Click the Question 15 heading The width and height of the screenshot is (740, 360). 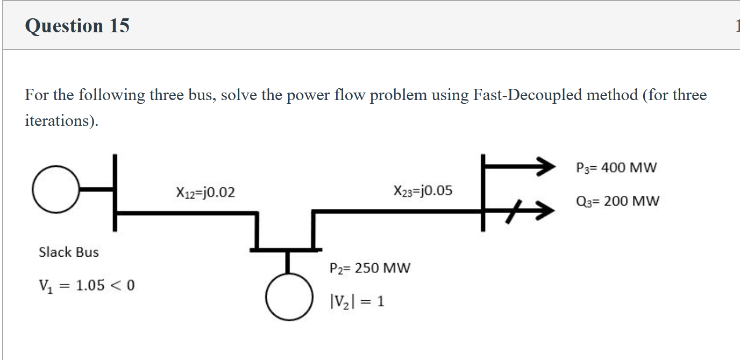click(77, 25)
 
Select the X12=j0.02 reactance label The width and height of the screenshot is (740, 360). click(205, 192)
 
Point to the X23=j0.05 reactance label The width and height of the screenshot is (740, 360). click(423, 190)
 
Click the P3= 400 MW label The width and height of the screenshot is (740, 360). click(616, 167)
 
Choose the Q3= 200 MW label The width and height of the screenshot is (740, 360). click(617, 201)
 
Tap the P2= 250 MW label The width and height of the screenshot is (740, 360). click(369, 267)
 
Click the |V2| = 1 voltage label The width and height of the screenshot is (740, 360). click(356, 301)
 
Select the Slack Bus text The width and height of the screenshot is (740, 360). click(69, 252)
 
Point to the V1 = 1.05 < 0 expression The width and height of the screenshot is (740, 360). click(87, 285)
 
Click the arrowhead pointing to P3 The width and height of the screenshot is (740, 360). click(542, 167)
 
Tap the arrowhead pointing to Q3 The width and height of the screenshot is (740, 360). click(542, 211)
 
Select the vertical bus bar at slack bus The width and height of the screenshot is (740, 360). click(115, 193)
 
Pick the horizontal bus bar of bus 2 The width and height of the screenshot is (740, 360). click(286, 250)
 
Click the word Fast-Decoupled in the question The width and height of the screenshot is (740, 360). click(527, 95)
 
